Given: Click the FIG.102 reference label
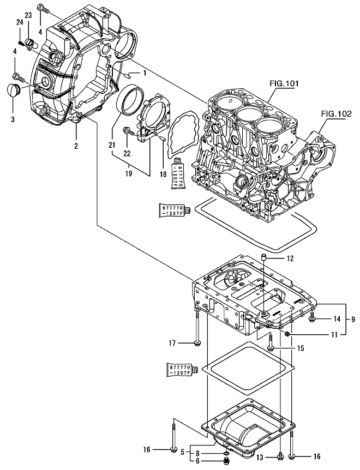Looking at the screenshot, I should pos(334,114).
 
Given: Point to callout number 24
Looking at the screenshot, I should pos(19,22).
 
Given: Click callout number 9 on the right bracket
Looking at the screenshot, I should pos(352,318).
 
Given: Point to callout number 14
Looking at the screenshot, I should pos(337,318).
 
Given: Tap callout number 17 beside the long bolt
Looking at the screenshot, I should pos(172,343).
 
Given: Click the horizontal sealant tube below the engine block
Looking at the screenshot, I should pos(174,209).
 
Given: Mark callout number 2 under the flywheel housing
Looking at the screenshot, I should pos(76,146).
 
